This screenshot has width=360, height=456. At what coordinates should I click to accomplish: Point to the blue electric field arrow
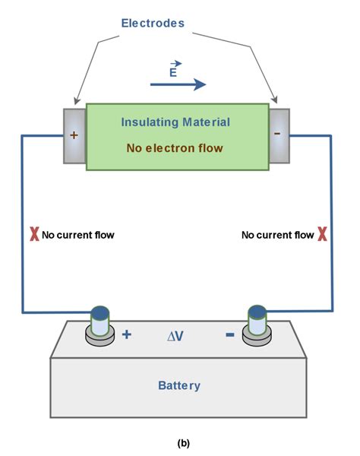pyautogui.click(x=178, y=84)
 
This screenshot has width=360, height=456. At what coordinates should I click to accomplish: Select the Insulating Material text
pyautogui.click(x=175, y=122)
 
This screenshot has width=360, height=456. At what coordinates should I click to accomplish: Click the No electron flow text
pyautogui.click(x=175, y=147)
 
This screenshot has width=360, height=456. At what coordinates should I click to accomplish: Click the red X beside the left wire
pyautogui.click(x=33, y=235)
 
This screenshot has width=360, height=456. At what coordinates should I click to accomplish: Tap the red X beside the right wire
pyautogui.click(x=322, y=235)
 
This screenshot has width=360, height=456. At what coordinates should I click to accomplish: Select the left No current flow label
pyautogui.click(x=78, y=235)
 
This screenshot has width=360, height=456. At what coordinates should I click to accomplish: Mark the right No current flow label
pyautogui.click(x=277, y=235)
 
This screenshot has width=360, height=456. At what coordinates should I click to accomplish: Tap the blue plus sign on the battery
pyautogui.click(x=126, y=334)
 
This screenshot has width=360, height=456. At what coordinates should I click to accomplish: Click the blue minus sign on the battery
pyautogui.click(x=229, y=334)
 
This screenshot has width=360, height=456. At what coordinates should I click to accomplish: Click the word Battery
pyautogui.click(x=179, y=385)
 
